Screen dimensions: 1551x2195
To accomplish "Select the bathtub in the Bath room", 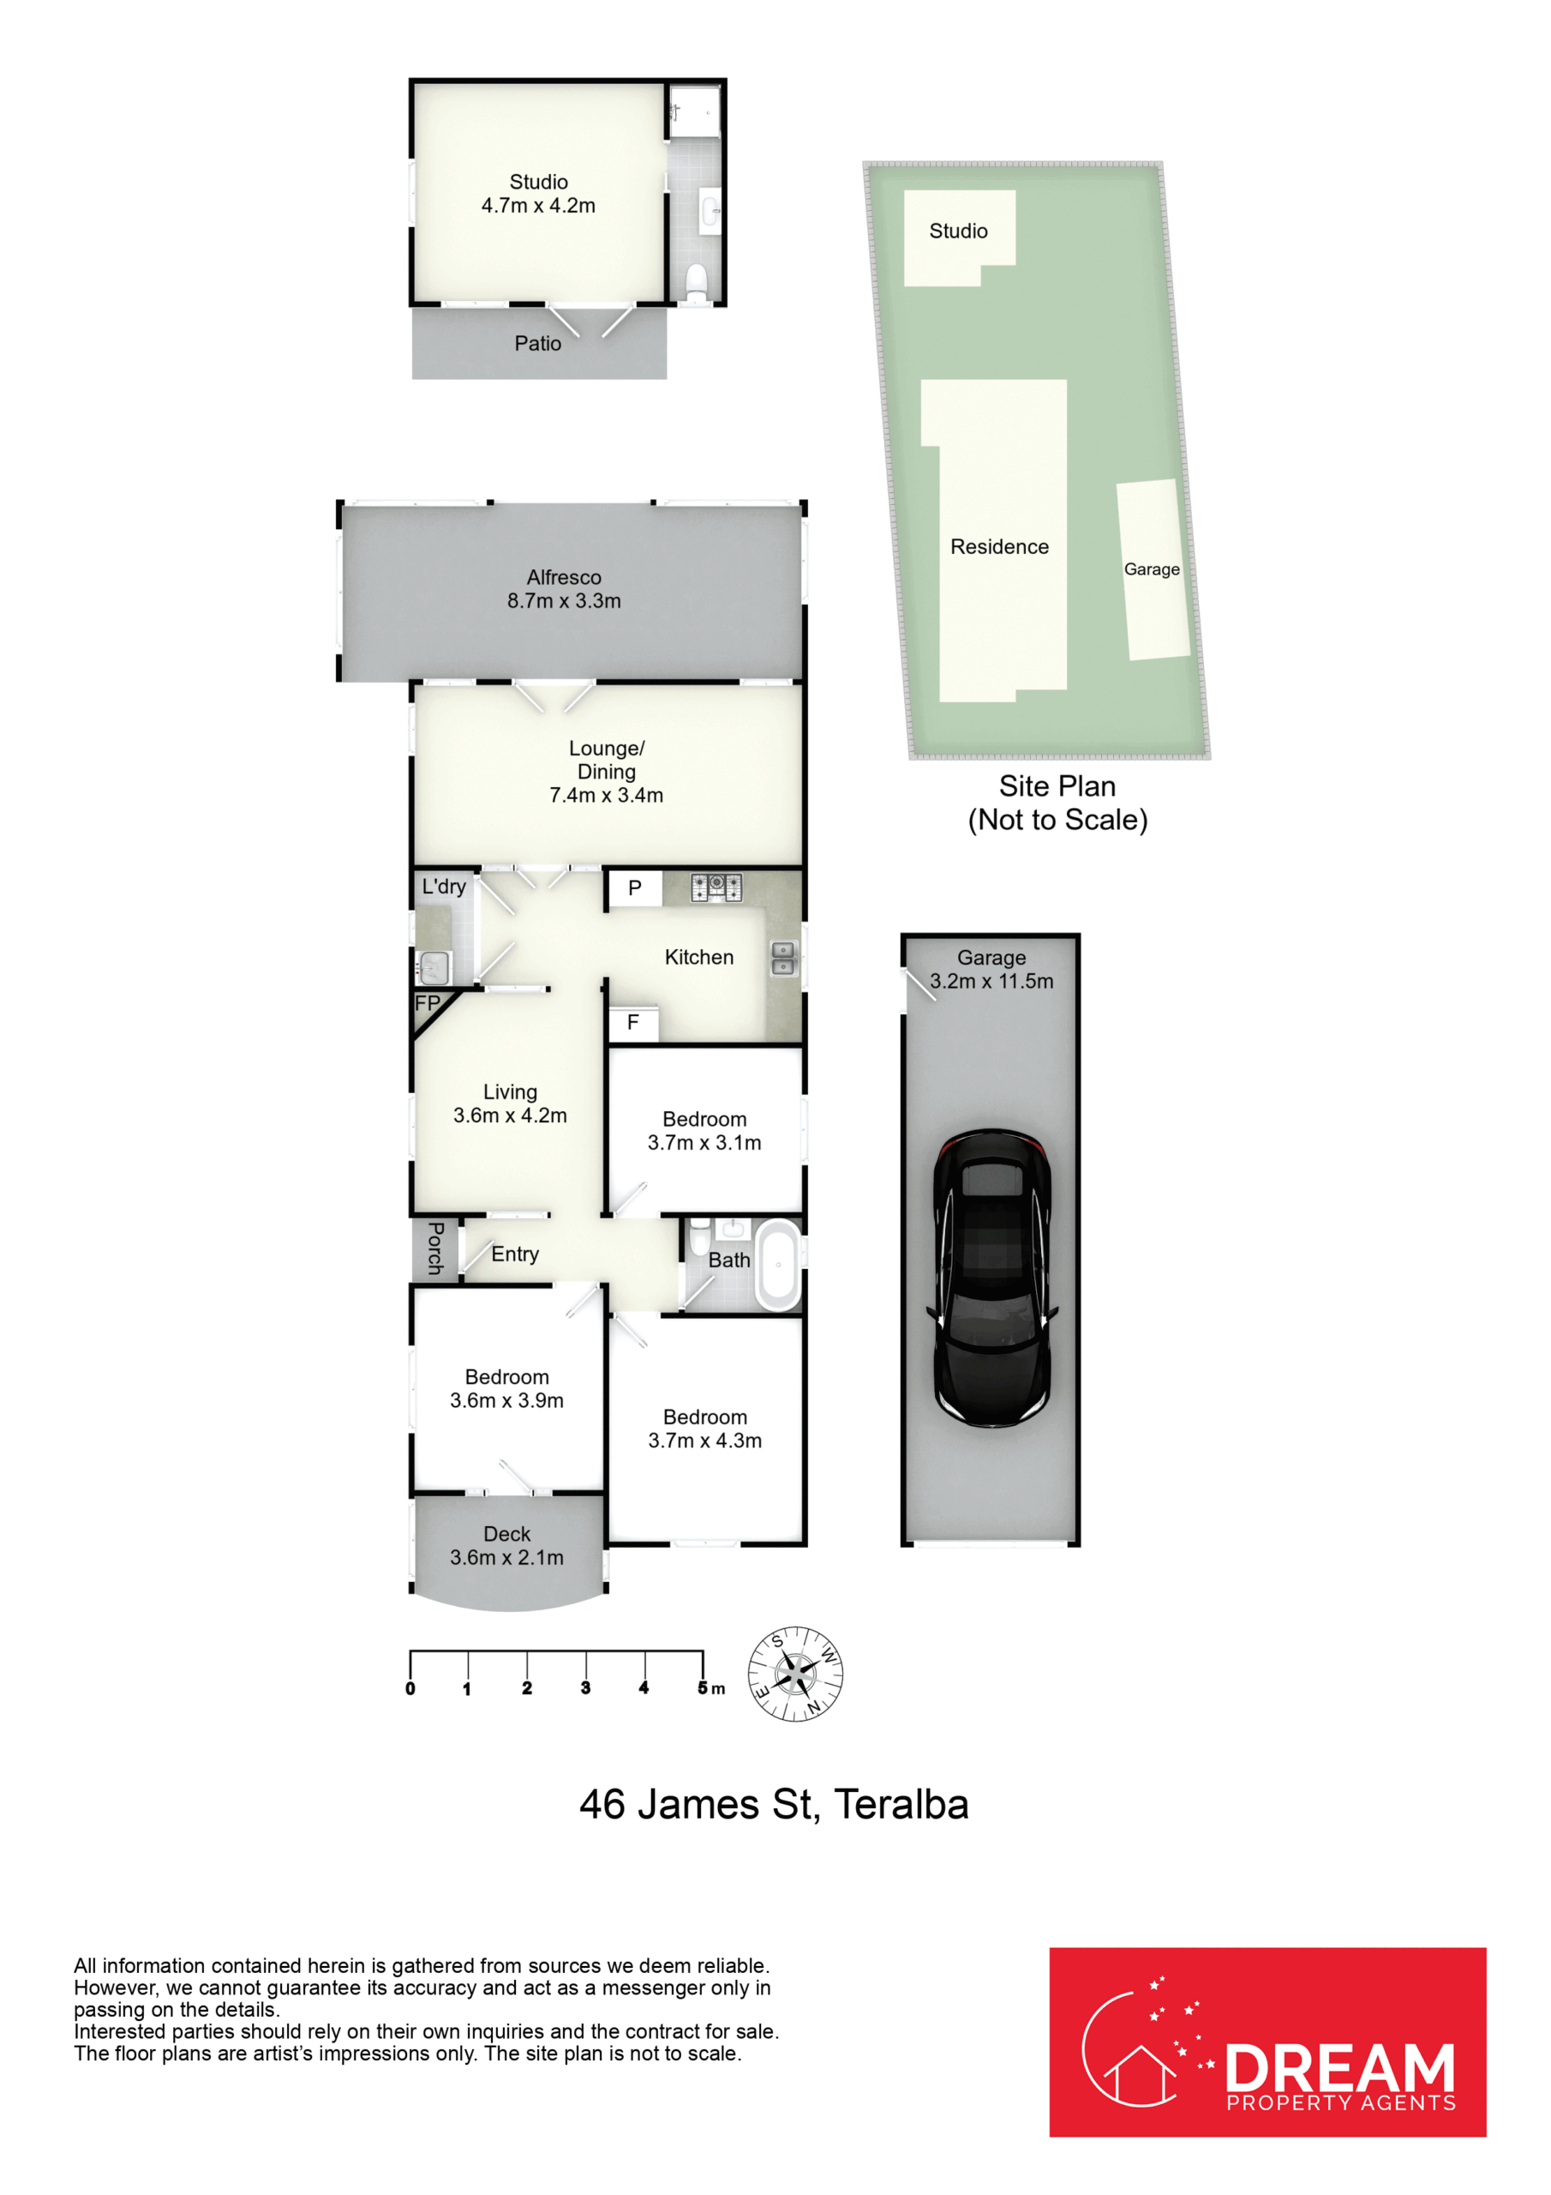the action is click(x=778, y=1264).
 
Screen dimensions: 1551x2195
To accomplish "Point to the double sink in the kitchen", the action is click(x=782, y=959).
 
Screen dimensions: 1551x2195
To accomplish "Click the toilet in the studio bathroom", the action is click(x=697, y=283).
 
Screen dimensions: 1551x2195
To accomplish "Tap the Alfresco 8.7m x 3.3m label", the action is click(x=564, y=589).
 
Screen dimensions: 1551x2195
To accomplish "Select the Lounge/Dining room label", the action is click(x=606, y=772).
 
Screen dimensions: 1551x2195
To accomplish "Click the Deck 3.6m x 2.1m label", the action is click(x=506, y=1546).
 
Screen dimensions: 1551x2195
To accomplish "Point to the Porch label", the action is click(x=434, y=1248).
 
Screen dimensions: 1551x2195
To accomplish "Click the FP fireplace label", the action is click(x=428, y=1004).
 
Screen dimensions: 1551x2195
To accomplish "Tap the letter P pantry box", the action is click(x=635, y=889).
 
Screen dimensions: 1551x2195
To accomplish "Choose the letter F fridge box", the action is click(x=632, y=1024).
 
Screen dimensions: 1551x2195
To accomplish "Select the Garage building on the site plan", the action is click(x=1153, y=570).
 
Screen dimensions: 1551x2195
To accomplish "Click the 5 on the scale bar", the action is click(x=703, y=1688).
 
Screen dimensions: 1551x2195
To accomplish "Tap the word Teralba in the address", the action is click(x=901, y=1805).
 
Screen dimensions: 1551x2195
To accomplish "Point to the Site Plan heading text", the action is click(x=1057, y=786).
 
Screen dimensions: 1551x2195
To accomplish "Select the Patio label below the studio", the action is click(x=538, y=343).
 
